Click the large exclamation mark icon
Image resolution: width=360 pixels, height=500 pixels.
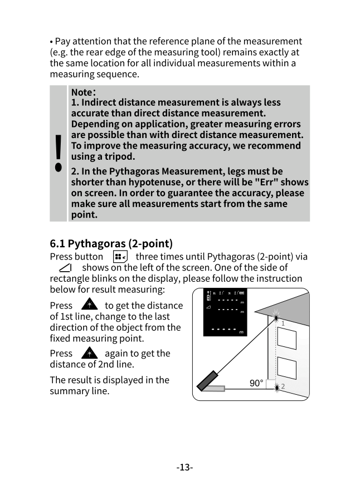click(58, 154)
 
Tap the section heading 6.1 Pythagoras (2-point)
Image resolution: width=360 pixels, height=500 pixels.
click(111, 243)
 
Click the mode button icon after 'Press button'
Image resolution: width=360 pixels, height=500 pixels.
click(120, 257)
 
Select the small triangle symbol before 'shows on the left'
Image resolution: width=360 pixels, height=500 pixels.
click(64, 268)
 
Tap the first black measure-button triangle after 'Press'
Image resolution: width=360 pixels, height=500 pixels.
click(89, 305)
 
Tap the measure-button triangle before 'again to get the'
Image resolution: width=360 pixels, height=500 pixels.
click(89, 353)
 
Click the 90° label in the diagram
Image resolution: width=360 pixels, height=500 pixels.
click(256, 383)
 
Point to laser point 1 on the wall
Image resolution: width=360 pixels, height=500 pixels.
click(277, 318)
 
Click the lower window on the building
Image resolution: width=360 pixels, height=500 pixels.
click(286, 368)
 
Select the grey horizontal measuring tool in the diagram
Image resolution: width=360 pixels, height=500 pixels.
click(213, 388)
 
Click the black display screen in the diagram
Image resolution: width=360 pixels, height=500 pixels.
click(226, 312)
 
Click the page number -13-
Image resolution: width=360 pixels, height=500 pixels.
click(184, 467)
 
